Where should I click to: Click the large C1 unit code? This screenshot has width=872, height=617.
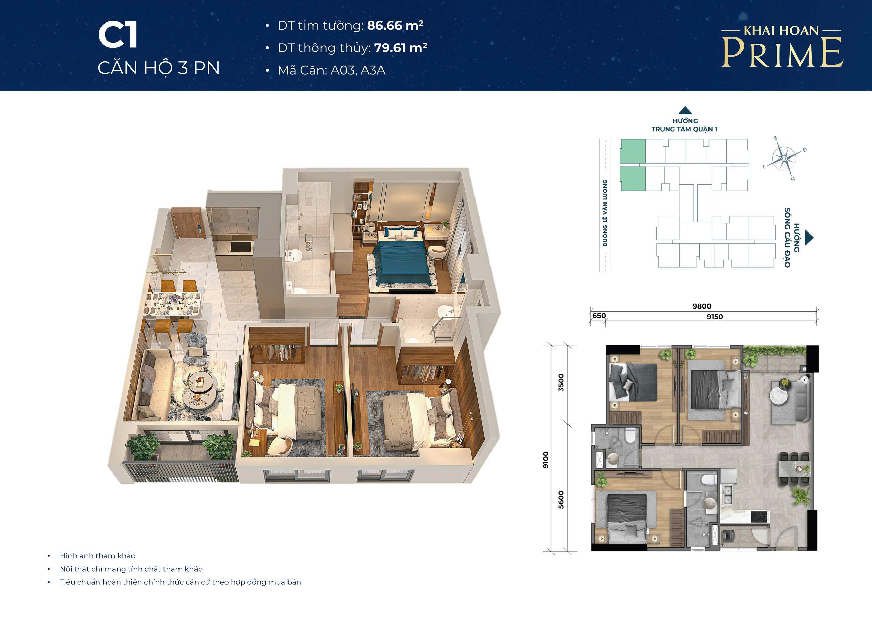pyautogui.click(x=118, y=35)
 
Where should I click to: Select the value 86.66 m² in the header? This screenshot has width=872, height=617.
pyautogui.click(x=395, y=26)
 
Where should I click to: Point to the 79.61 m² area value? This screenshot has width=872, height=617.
pyautogui.click(x=401, y=48)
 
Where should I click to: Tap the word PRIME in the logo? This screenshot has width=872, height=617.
pyautogui.click(x=782, y=52)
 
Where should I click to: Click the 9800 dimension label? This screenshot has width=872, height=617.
pyautogui.click(x=701, y=306)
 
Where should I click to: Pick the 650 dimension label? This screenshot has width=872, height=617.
pyautogui.click(x=599, y=316)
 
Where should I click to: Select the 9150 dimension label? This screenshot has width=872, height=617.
pyautogui.click(x=715, y=317)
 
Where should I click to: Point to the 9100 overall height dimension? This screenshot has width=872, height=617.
pyautogui.click(x=546, y=460)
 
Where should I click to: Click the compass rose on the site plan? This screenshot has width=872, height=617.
pyautogui.click(x=784, y=159)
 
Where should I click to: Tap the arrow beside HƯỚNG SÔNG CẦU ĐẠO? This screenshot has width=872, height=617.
pyautogui.click(x=809, y=238)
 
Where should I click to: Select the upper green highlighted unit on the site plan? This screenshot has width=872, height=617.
pyautogui.click(x=633, y=151)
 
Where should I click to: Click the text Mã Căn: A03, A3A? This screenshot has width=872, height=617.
pyautogui.click(x=331, y=70)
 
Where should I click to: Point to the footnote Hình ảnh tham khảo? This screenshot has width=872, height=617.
pyautogui.click(x=98, y=556)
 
